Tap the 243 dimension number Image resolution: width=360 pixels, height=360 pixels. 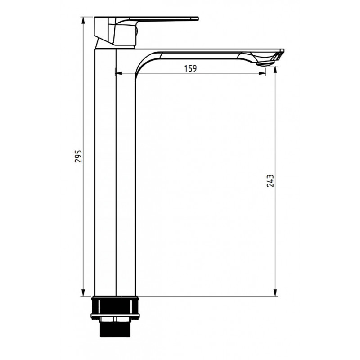click(x=270, y=180)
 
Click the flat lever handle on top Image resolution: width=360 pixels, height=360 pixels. click(x=166, y=19)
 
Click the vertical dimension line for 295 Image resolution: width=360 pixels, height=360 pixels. click(x=83, y=225)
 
